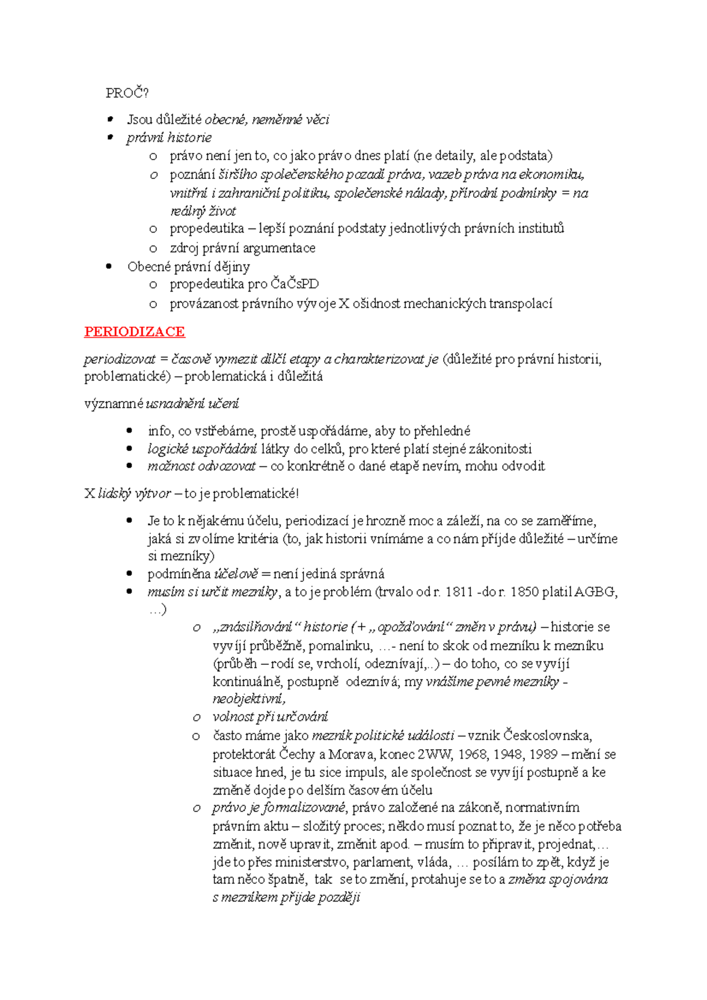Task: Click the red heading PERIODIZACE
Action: point(134,332)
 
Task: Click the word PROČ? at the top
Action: point(127,93)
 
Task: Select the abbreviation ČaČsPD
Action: point(295,284)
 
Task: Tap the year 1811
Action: point(459,592)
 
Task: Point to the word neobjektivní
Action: point(249,699)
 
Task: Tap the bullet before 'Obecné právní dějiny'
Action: point(109,266)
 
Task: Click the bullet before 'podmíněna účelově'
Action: point(130,574)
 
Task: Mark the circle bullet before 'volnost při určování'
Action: point(196,717)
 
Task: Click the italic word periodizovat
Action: point(120,359)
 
